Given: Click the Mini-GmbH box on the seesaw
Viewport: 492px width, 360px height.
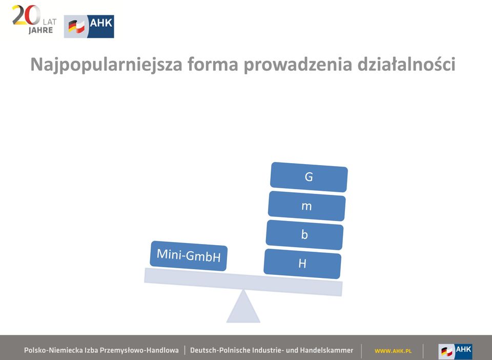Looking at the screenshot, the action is (x=189, y=256).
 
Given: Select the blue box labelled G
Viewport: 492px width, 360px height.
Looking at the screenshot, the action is (x=309, y=177).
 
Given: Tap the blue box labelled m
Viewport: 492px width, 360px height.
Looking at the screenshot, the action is (x=306, y=206).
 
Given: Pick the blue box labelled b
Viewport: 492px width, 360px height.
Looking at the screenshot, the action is (x=304, y=235).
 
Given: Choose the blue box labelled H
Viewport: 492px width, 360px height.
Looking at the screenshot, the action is (x=302, y=264).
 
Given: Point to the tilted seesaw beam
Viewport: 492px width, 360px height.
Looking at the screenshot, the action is (x=243, y=282).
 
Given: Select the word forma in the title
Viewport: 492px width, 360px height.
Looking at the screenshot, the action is (x=213, y=64).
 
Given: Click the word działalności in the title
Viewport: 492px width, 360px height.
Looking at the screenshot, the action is (x=406, y=64).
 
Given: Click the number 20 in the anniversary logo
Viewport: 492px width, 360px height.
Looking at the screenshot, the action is (x=26, y=15).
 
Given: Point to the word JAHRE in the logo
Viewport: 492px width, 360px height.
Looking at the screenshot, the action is (x=41, y=30).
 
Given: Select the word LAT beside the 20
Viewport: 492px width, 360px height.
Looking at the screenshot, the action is (x=50, y=22).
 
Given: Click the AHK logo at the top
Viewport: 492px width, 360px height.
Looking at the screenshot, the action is (x=89, y=26).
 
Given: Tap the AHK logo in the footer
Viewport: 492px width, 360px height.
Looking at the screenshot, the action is (x=455, y=351).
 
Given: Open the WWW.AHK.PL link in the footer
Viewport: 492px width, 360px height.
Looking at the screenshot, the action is (x=393, y=351).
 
